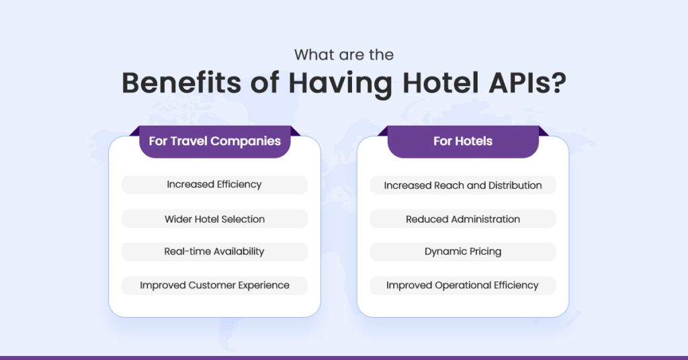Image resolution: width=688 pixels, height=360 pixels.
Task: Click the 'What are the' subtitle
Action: pos(344,55)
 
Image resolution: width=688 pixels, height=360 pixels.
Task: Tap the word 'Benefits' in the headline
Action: pos(181,83)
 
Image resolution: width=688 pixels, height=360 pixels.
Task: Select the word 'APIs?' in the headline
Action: pos(527,83)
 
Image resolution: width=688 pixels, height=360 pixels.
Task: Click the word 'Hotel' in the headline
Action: pos(441,83)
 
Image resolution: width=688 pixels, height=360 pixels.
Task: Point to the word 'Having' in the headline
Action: pos(340,83)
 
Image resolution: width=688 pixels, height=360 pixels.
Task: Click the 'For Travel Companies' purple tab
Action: pos(215,141)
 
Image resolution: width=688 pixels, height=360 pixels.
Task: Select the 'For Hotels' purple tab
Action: pos(463,141)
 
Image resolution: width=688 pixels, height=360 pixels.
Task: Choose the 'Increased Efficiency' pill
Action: pos(214,185)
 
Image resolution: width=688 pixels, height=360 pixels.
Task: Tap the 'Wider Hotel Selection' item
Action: pos(214,219)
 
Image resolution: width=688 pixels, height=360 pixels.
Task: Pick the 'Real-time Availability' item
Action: pos(214,252)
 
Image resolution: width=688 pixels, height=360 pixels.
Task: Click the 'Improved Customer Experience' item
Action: pos(214,285)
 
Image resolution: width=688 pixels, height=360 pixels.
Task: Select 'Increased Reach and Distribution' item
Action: pos(463,185)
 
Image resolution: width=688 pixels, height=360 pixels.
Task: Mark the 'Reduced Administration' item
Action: pos(463,219)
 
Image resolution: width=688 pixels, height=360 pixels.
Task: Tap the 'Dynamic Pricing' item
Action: pos(463,252)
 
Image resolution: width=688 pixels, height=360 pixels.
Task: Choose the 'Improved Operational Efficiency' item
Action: pos(463,285)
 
